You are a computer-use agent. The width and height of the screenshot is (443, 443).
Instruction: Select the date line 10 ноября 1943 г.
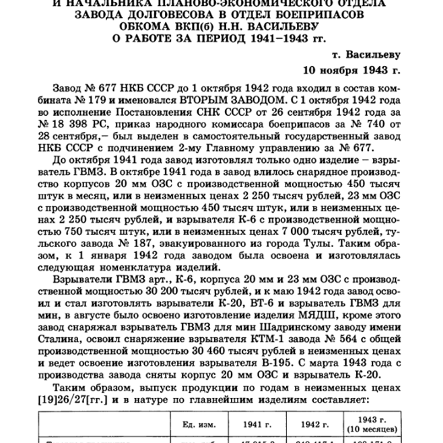351,69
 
